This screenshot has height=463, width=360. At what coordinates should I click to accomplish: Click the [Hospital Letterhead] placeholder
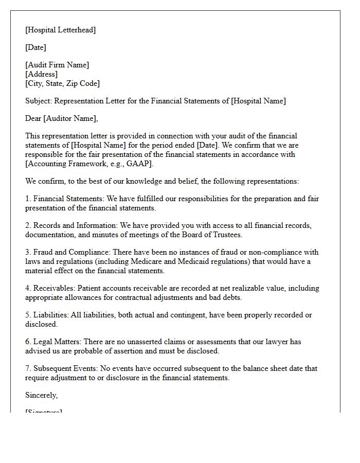pos(60,30)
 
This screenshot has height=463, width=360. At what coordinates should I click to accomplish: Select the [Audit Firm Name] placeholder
pos(57,65)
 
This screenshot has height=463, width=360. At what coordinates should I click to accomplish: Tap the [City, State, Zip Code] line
pos(62,83)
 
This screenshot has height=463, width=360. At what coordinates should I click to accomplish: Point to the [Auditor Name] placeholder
pos(70,118)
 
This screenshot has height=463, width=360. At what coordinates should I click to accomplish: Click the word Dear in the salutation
pos(33,118)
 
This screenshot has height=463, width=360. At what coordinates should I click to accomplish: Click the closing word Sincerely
pos(42,395)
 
